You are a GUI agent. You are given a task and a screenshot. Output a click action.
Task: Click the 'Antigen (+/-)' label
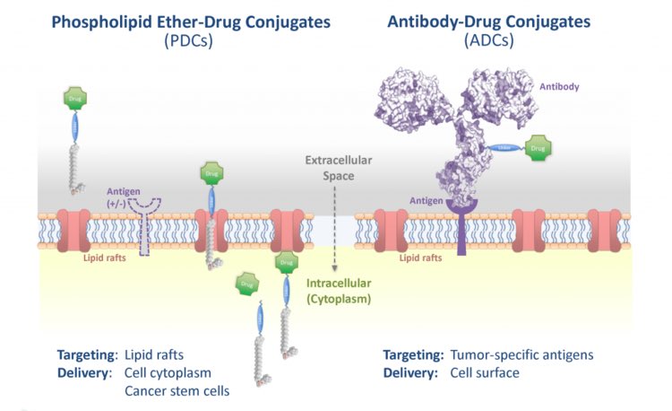coord(121,197)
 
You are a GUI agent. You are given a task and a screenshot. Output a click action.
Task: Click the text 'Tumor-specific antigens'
coord(520,354)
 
